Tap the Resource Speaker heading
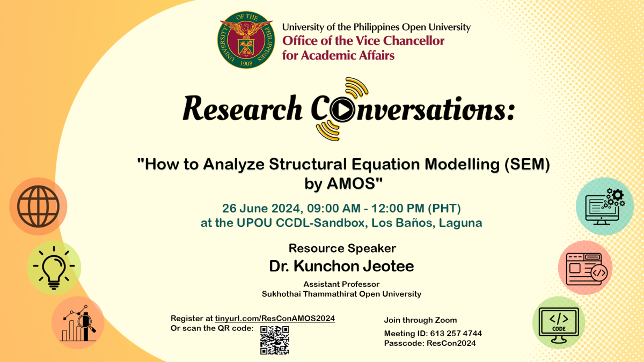pos(342,248)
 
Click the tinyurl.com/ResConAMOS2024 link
pos(275,318)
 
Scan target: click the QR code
pos(274,340)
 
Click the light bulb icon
pos(54,268)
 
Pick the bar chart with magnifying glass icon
pos(78,323)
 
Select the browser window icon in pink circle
pos(586,268)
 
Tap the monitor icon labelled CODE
pos(558,324)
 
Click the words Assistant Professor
pos(341,284)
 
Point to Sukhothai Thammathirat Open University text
pos(341,294)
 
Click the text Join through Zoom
pos(420,320)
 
